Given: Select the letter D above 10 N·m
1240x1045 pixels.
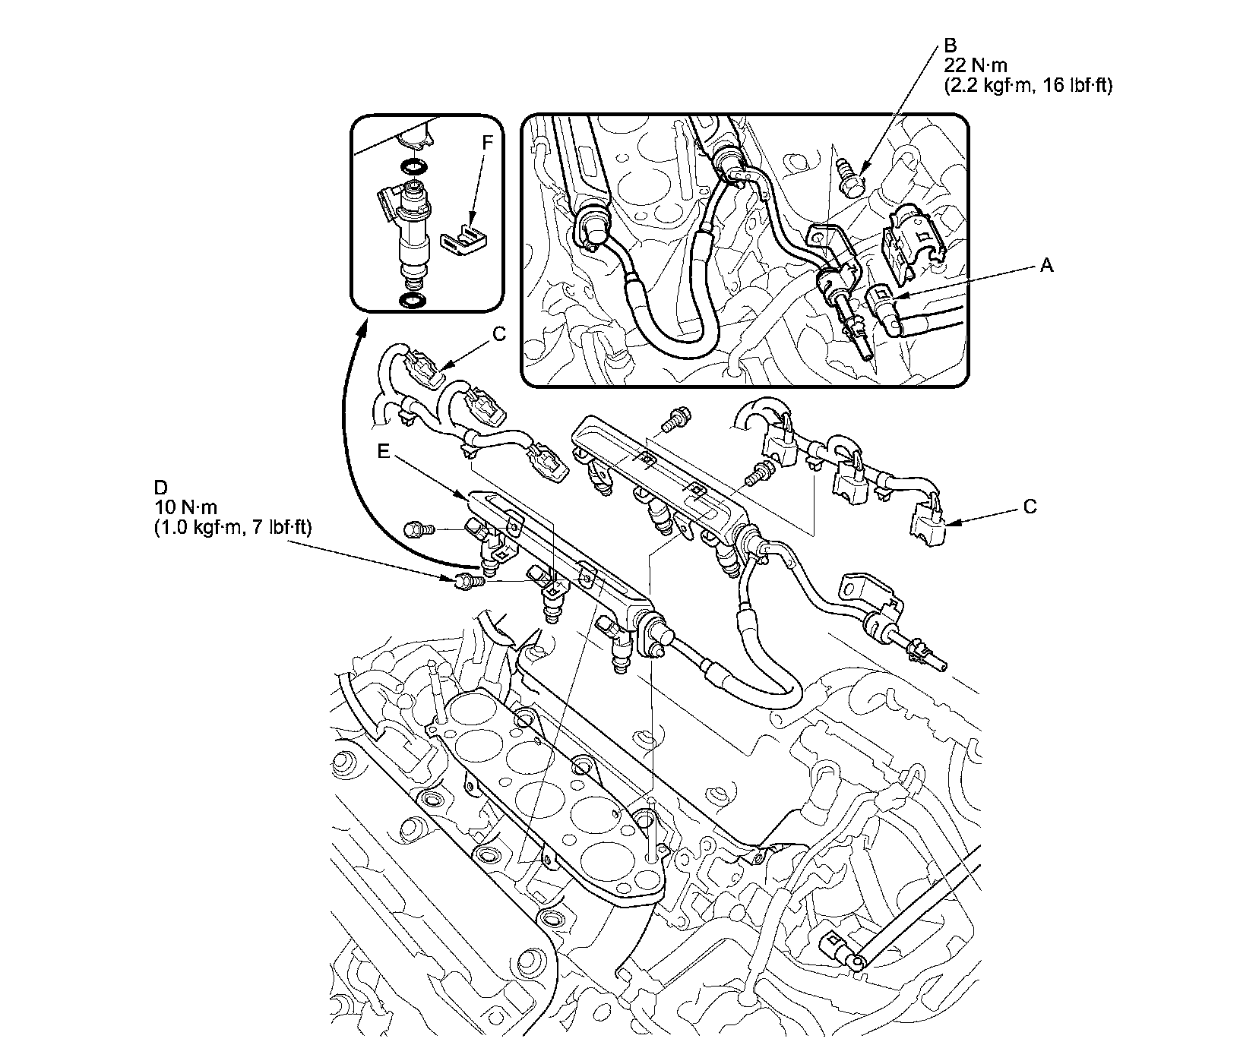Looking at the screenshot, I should click(160, 486).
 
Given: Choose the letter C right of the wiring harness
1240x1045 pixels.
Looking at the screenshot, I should click(1030, 507).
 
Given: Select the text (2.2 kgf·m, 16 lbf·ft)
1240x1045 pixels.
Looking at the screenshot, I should click(1028, 86).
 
